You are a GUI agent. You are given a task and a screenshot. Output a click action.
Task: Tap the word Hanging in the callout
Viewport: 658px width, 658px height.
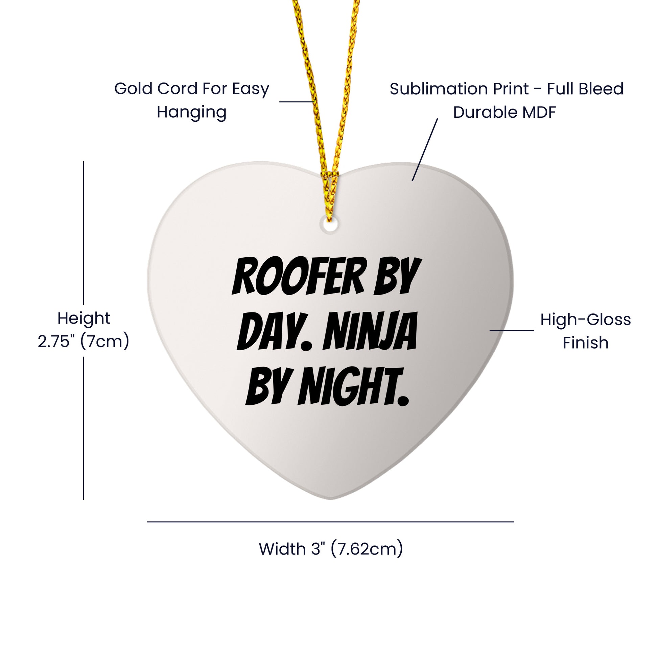[x=191, y=112]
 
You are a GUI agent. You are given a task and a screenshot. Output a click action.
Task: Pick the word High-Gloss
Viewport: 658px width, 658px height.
[x=585, y=320]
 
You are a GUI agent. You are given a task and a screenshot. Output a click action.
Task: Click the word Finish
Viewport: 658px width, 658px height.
[x=585, y=343]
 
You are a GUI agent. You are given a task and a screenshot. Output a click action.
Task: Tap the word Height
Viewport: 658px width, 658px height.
[x=84, y=319]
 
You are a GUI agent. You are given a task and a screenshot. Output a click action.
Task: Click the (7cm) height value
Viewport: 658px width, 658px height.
[x=104, y=342]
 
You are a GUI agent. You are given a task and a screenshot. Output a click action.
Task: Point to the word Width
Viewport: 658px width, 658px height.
[x=282, y=549]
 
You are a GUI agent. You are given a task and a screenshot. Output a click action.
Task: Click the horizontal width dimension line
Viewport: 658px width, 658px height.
[x=330, y=522]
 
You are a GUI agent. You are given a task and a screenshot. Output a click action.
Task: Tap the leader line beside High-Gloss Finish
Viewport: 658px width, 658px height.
[x=512, y=330]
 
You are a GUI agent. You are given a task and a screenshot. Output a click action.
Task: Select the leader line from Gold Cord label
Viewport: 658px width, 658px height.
[x=296, y=101]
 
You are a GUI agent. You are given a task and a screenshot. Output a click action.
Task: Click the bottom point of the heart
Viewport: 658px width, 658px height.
[x=330, y=499]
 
